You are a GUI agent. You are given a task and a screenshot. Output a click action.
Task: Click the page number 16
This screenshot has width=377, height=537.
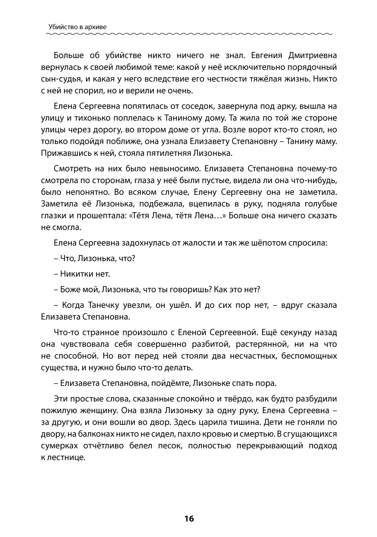pos(188,518)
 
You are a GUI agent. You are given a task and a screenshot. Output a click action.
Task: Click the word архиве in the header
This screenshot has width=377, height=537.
pos(94,27)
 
